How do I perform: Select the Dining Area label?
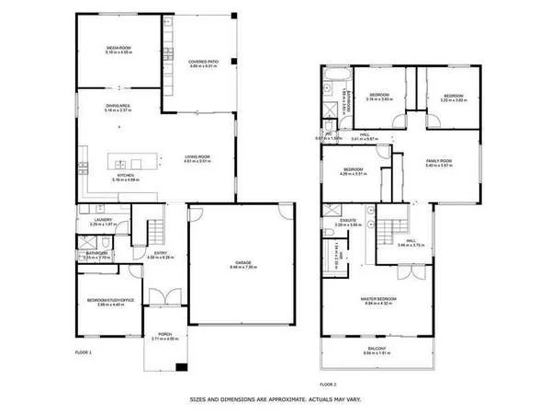point(119,108)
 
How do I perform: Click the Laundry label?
point(103,221)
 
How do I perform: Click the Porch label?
point(165,336)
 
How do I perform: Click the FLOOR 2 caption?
point(329,383)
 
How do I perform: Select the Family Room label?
point(439,163)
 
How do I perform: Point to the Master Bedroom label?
point(379,300)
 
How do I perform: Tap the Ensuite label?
point(348,222)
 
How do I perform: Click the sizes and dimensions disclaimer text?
point(275,399)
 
